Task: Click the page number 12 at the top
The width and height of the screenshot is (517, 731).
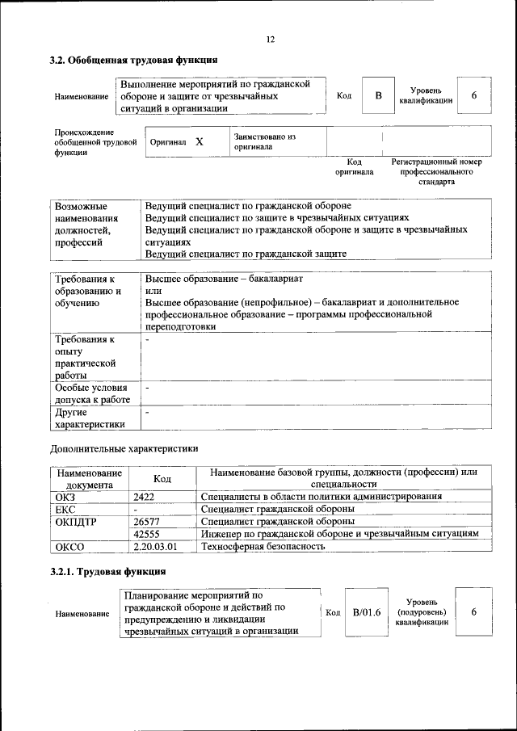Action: point(271,40)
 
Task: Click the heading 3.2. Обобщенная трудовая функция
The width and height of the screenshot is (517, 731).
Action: point(133,60)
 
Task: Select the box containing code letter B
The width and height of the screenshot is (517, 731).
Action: point(377,96)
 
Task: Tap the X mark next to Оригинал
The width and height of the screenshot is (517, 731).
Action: point(199,142)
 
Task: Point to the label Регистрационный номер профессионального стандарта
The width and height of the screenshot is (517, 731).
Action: point(436,172)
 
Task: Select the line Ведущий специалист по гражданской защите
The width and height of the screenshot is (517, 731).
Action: point(246,254)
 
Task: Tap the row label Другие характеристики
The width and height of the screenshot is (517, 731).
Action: point(90,418)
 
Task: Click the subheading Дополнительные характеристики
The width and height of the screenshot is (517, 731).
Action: point(124,447)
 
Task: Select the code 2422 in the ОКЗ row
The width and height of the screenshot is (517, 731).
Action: point(144,497)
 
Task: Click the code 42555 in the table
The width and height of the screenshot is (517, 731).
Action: point(146,534)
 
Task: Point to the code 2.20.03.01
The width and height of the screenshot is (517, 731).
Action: point(155,547)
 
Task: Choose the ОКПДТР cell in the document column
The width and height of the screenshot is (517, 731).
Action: point(74,522)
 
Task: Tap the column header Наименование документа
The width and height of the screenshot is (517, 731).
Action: point(89,478)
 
